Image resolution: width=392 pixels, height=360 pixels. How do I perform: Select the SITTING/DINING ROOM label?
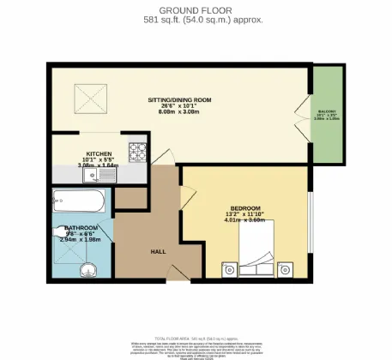coord(179,99)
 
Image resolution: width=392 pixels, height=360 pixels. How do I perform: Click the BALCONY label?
coord(327,111)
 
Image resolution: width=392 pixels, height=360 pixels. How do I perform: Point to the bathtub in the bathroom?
coord(78,203)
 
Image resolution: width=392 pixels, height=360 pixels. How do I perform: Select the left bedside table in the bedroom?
coord(229,270)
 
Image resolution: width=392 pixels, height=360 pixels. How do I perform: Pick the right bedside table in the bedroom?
coord(286,270)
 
